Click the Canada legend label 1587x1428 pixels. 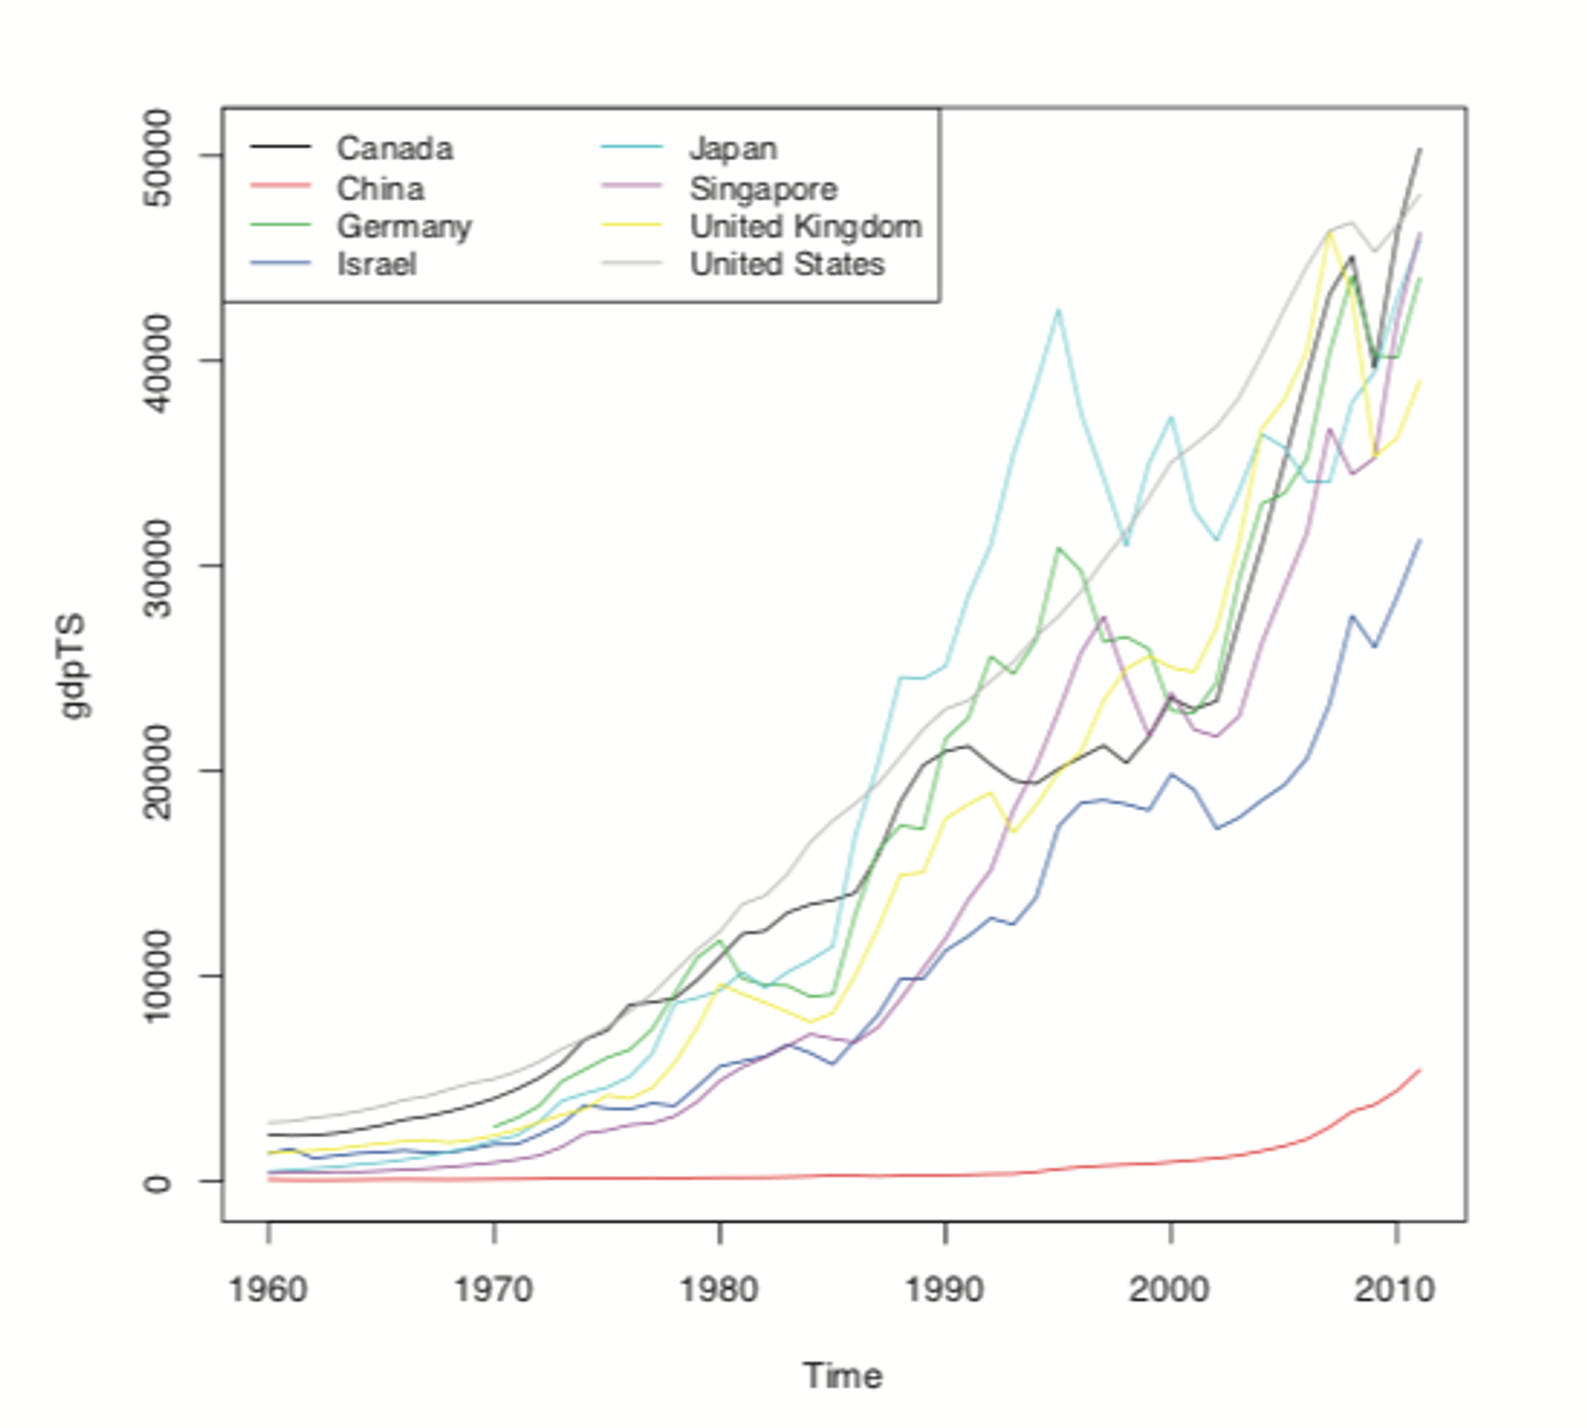pos(394,149)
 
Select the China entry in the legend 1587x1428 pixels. pos(379,188)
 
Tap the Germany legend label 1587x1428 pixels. pos(403,226)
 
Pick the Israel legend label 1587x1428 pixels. pos(376,264)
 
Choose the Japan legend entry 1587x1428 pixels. pos(732,149)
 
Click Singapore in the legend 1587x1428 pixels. pos(763,188)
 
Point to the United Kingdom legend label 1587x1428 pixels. pos(805,226)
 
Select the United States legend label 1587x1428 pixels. pos(787,264)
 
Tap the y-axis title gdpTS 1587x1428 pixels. pos(74,665)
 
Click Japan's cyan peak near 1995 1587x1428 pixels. pos(1057,310)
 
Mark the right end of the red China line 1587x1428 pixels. pos(1419,1070)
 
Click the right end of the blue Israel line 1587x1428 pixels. pos(1419,540)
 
